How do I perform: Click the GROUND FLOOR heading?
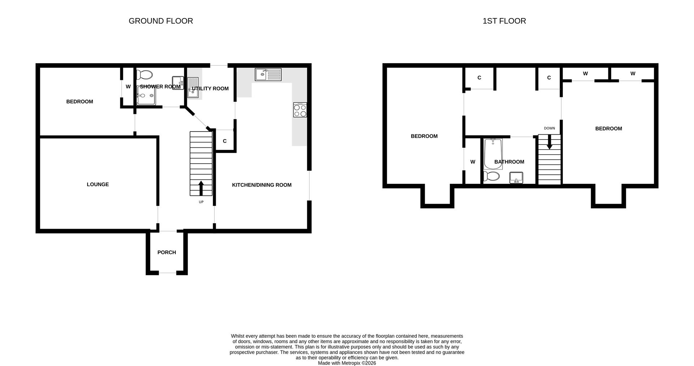point(161,21)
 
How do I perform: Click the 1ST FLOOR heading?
point(504,21)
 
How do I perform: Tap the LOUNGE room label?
point(98,184)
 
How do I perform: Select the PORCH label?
point(167,252)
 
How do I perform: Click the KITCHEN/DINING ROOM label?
point(262,185)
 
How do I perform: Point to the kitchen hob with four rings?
point(300,110)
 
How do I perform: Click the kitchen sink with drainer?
point(268,74)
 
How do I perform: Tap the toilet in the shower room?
point(145,74)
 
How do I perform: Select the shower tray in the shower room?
point(146,95)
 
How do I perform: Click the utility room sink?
point(193,88)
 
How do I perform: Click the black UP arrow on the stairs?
point(201,188)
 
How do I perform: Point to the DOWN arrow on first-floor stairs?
point(549,142)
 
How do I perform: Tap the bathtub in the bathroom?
point(493,154)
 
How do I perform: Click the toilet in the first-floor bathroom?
point(492,176)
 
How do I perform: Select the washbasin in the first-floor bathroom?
point(516,178)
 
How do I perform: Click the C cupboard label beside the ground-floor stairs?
point(225,141)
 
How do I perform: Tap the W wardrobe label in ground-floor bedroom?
point(128,87)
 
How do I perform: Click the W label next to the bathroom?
point(473,162)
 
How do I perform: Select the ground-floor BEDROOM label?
point(80,102)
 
